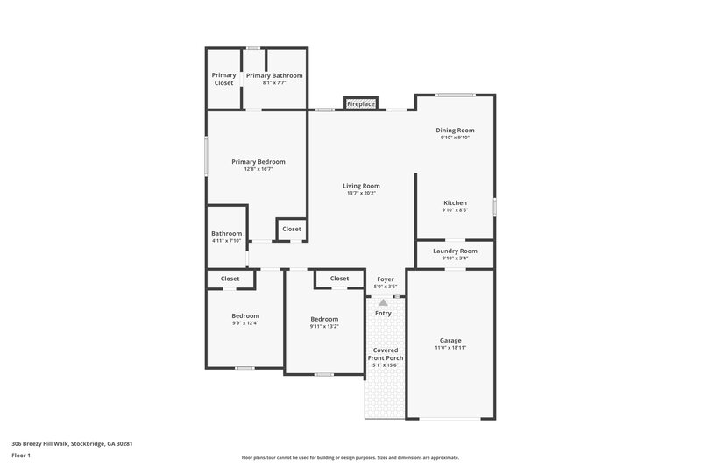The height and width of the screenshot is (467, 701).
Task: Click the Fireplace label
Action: coord(361,104)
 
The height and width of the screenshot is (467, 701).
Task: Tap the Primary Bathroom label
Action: coord(274,76)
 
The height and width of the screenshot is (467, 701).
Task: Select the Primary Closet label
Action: coord(223,79)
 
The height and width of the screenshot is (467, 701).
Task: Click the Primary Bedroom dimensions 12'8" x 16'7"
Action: coord(258,170)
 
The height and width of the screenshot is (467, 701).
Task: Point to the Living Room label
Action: coord(361,186)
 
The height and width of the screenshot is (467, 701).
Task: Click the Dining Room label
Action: coord(455,131)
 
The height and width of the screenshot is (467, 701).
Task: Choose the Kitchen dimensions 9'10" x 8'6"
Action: coord(455,211)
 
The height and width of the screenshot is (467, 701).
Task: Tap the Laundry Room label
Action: coord(455,251)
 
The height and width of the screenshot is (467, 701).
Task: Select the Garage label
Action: coord(450,340)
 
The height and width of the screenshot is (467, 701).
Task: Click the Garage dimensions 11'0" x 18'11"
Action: coord(450,349)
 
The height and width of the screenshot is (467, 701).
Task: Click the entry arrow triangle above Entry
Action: coord(383,302)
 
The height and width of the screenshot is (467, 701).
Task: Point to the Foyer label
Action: coord(386,279)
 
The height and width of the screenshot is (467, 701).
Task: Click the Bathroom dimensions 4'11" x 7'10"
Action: coord(226,242)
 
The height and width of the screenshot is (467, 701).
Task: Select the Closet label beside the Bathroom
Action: coord(291,229)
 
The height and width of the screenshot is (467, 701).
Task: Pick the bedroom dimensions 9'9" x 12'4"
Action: coord(245,323)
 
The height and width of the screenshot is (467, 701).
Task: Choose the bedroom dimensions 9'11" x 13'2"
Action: coord(324,327)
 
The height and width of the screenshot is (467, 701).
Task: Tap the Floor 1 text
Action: coord(21,456)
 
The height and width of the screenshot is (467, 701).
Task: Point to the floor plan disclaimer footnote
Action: coord(350,457)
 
